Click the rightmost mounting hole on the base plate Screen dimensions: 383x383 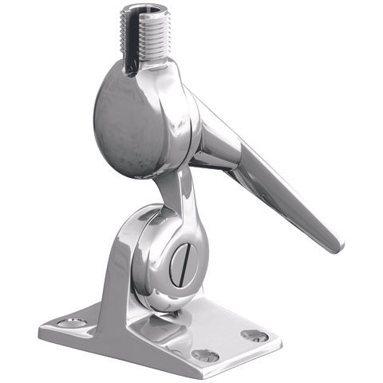point(255,336)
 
